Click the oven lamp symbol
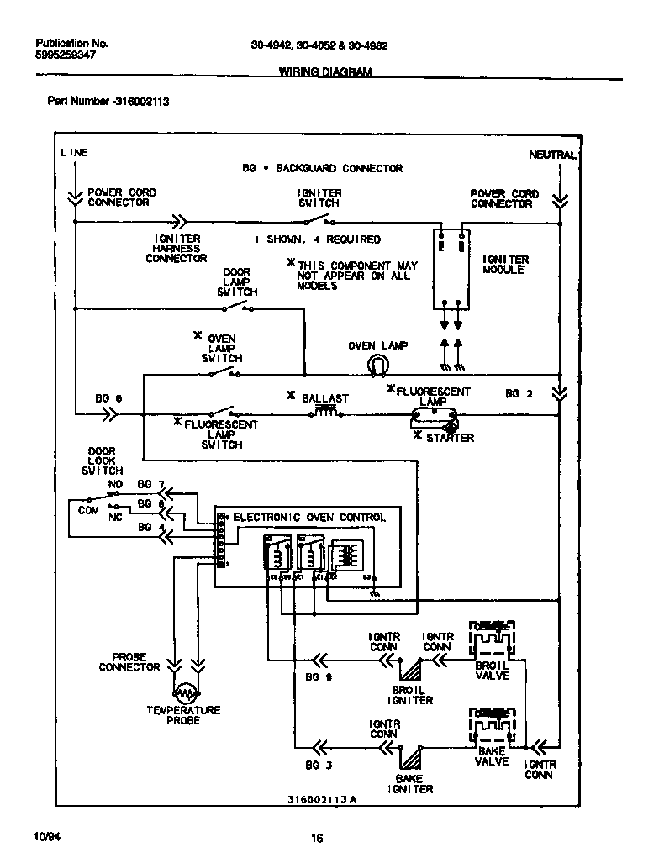click(x=378, y=363)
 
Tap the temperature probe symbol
click(x=184, y=692)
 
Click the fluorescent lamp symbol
click(x=434, y=414)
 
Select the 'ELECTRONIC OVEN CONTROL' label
click(x=308, y=518)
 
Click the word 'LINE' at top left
click(x=74, y=153)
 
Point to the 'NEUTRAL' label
click(x=552, y=155)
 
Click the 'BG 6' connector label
click(x=108, y=398)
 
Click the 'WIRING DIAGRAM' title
click(x=324, y=72)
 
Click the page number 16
click(x=318, y=837)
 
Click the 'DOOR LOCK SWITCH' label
click(x=102, y=460)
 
